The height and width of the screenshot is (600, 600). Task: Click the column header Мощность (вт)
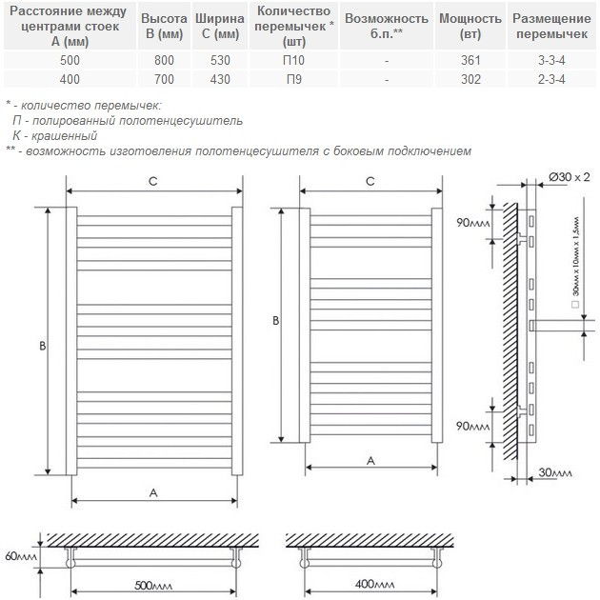(470, 26)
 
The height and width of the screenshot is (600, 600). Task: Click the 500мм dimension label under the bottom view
(153, 584)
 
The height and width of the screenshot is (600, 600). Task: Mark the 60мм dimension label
(20, 555)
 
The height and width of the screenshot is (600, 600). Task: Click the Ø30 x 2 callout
(570, 177)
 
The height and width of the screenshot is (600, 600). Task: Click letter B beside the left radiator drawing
(43, 347)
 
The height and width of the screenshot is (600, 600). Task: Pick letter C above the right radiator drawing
(370, 181)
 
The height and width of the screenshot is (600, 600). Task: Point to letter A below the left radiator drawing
(152, 491)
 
